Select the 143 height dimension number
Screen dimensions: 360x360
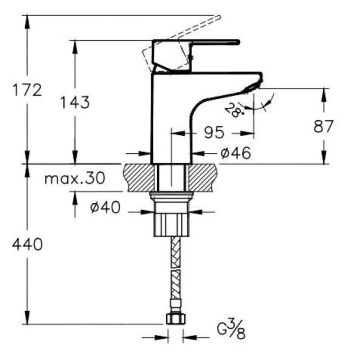[75, 102]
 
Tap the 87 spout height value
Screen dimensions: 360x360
[323, 126]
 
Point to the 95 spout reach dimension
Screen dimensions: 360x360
[214, 132]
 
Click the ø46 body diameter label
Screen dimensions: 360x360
[235, 153]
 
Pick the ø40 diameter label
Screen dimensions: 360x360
[105, 207]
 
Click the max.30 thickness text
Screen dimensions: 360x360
[75, 178]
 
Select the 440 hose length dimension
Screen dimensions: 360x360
[27, 244]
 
